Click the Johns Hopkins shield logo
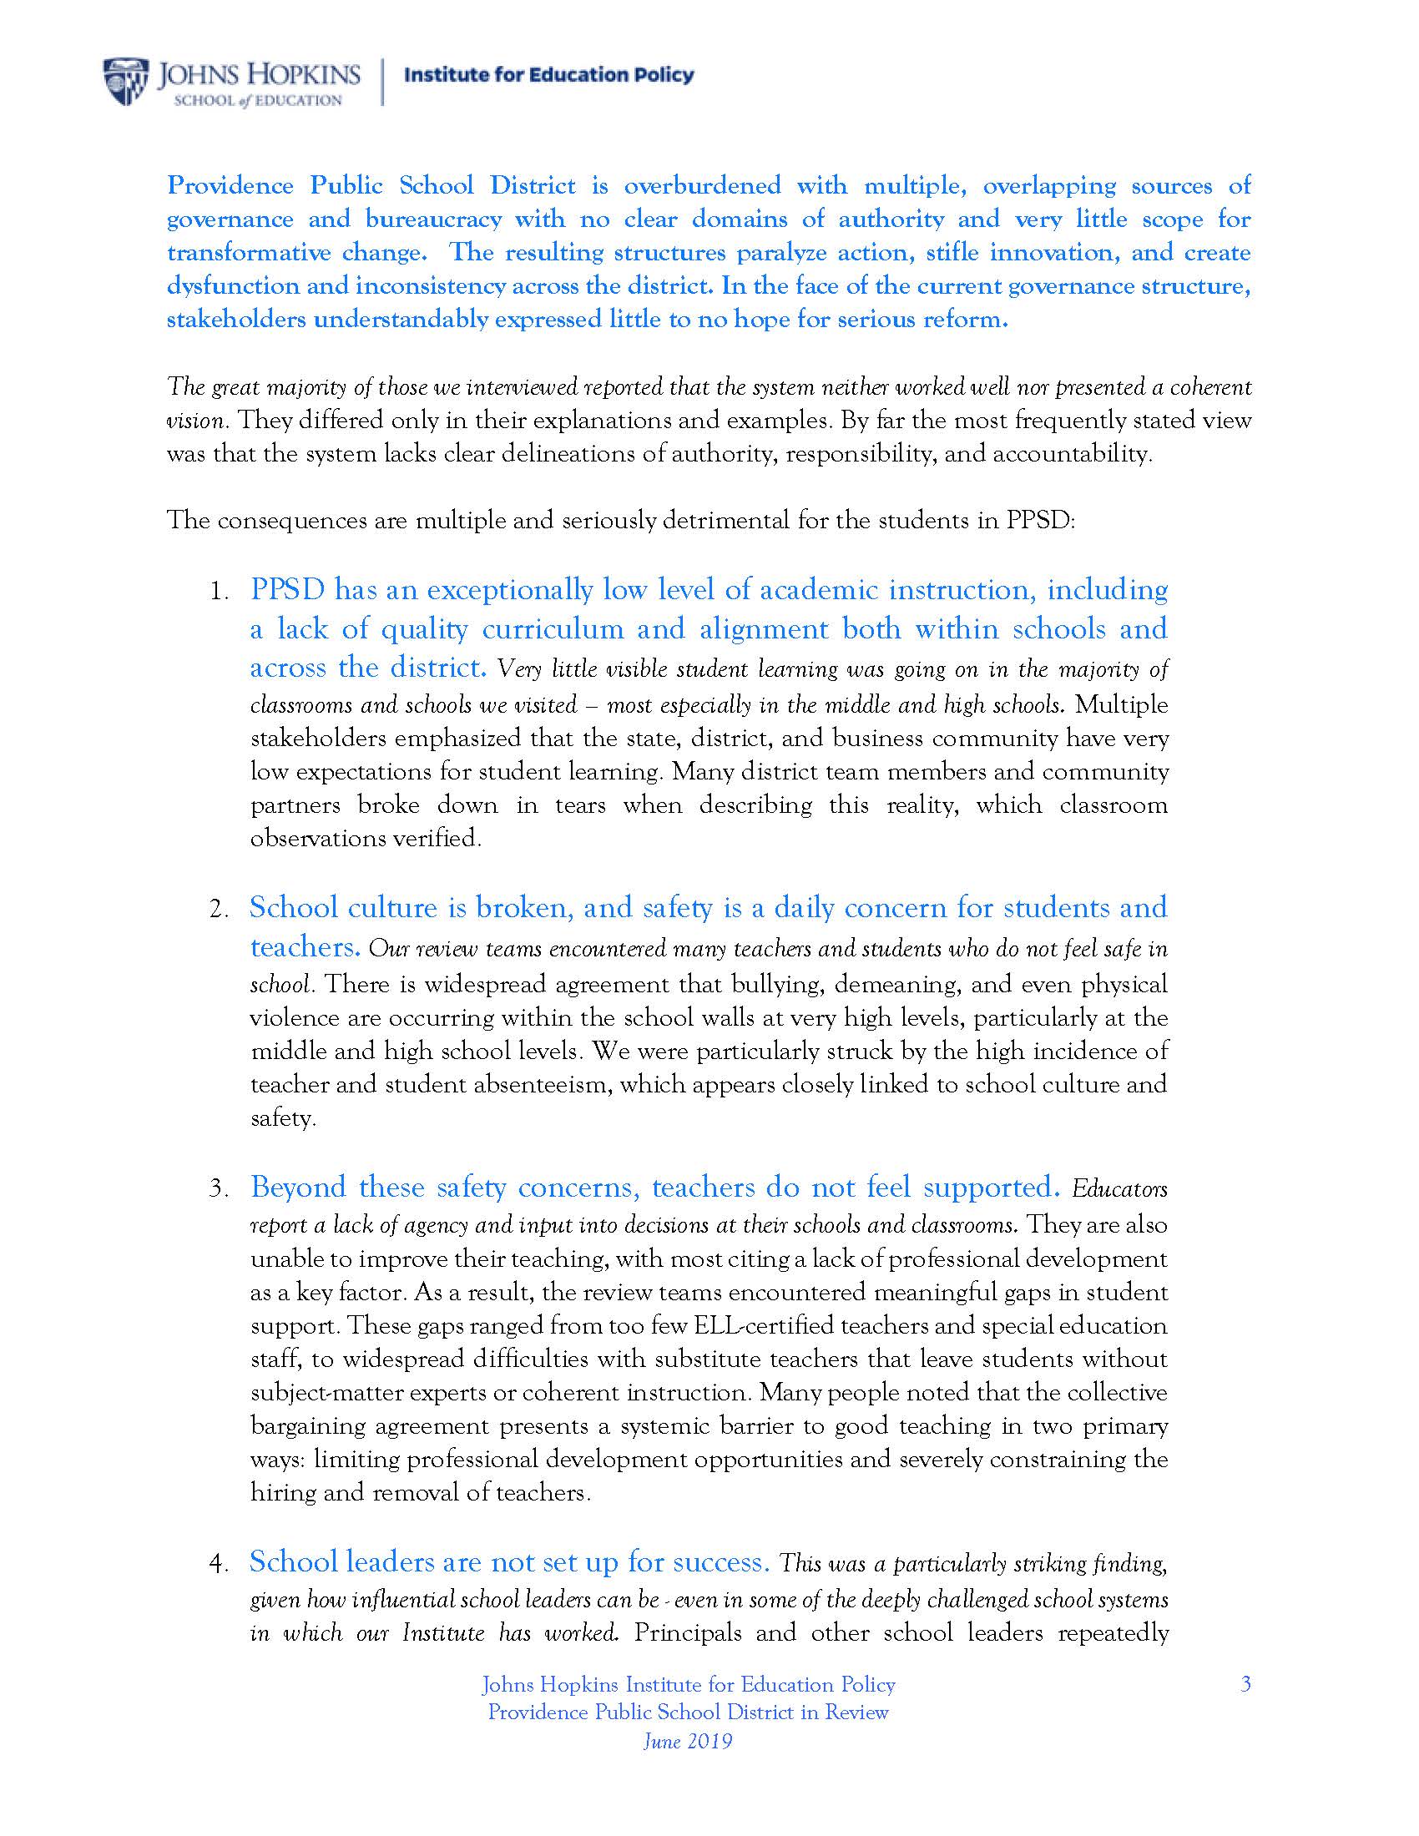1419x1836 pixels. point(126,82)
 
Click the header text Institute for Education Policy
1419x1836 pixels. point(549,76)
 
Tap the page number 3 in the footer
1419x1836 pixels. point(1246,1684)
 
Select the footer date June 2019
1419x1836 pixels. point(688,1740)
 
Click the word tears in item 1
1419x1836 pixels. point(580,805)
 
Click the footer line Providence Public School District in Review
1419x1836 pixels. point(688,1712)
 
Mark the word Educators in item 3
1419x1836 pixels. point(1119,1188)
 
